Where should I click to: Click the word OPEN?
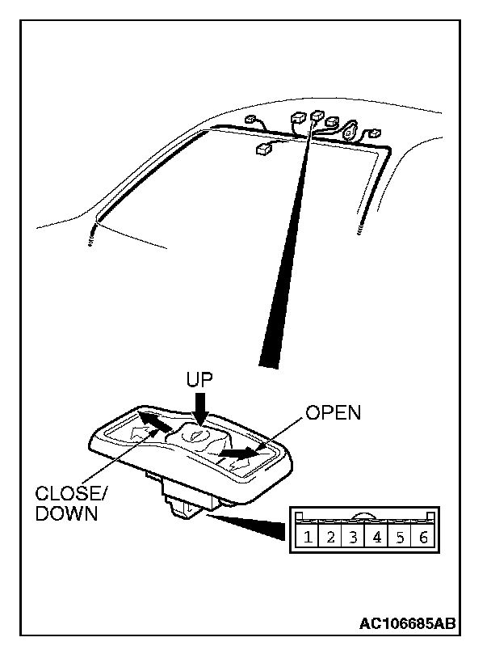pyautogui.click(x=334, y=412)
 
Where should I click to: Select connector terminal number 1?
pyautogui.click(x=308, y=537)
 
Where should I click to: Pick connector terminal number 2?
pyautogui.click(x=331, y=537)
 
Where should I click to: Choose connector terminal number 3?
pyautogui.click(x=354, y=537)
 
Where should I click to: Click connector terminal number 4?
pyautogui.click(x=376, y=537)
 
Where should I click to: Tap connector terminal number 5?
pyautogui.click(x=399, y=537)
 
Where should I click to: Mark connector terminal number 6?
pyautogui.click(x=422, y=537)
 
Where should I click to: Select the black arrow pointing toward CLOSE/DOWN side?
pyautogui.click(x=153, y=422)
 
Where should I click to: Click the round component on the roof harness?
pyautogui.click(x=351, y=130)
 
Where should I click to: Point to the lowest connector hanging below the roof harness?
pyautogui.click(x=265, y=149)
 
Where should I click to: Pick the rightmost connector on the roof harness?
pyautogui.click(x=374, y=133)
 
